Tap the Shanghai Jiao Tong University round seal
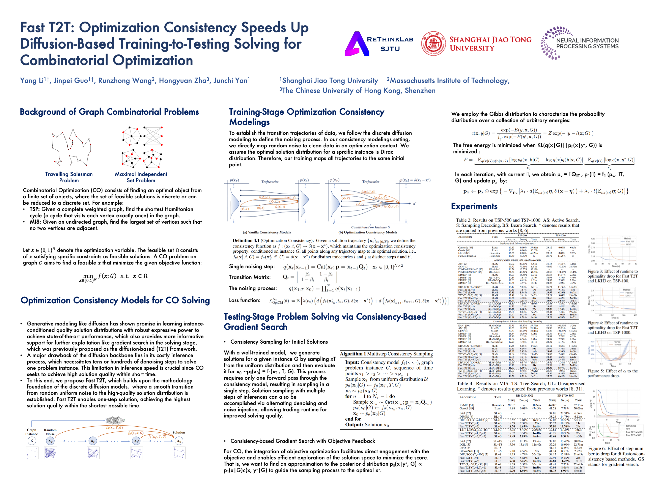[x=433, y=43]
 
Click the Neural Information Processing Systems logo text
[x=587, y=43]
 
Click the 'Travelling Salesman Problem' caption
[x=69, y=177]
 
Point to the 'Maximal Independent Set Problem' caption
[x=141, y=177]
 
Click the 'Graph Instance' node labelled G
[x=32, y=441]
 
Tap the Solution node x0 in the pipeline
[x=179, y=441]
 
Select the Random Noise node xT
[x=50, y=441]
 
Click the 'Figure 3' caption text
[x=612, y=276]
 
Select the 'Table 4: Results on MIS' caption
[x=521, y=386]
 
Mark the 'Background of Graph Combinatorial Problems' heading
[x=109, y=112]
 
